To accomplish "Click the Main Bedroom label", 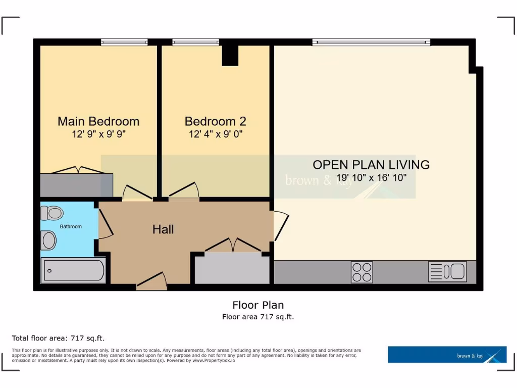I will pos(98,121).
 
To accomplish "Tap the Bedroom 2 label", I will pos(215,121).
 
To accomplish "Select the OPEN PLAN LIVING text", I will pos(371,165).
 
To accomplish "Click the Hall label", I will pos(163,229).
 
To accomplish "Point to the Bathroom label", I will pos(71,226).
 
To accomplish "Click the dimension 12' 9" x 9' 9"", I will pos(98,134).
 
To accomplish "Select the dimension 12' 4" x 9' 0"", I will pos(215,134).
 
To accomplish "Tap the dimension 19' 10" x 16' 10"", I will pos(371,178).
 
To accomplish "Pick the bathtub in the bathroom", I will pos(73,270).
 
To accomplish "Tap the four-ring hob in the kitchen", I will pos(361,272).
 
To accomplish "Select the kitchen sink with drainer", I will pos(447,271).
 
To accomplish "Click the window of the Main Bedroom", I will pos(124,42).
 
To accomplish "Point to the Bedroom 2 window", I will pos(195,42).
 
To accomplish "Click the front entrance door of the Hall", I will pos(151,282).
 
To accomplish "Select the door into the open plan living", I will pos(280,226).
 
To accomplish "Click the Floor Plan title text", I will pos(258,305).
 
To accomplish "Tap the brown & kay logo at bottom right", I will pos(447,355).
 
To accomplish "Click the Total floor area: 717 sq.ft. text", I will pos(58,338).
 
